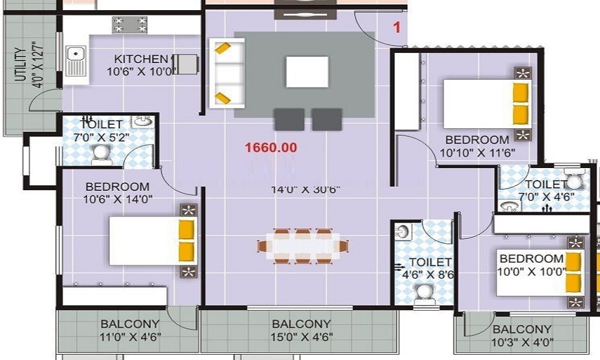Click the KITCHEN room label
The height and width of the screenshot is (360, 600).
[141, 59]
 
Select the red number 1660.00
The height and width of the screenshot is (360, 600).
[271, 147]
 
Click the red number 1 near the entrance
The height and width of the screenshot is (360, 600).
[396, 26]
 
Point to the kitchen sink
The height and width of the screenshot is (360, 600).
[76, 61]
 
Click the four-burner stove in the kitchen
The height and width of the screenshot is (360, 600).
[130, 25]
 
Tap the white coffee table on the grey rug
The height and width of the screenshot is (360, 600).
[307, 72]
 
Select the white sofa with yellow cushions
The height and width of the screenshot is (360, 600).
[227, 73]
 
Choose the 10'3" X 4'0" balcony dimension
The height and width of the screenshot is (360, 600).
[522, 343]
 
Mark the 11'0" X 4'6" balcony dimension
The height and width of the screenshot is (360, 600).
[130, 337]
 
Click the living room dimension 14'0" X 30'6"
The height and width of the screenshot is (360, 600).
[305, 190]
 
